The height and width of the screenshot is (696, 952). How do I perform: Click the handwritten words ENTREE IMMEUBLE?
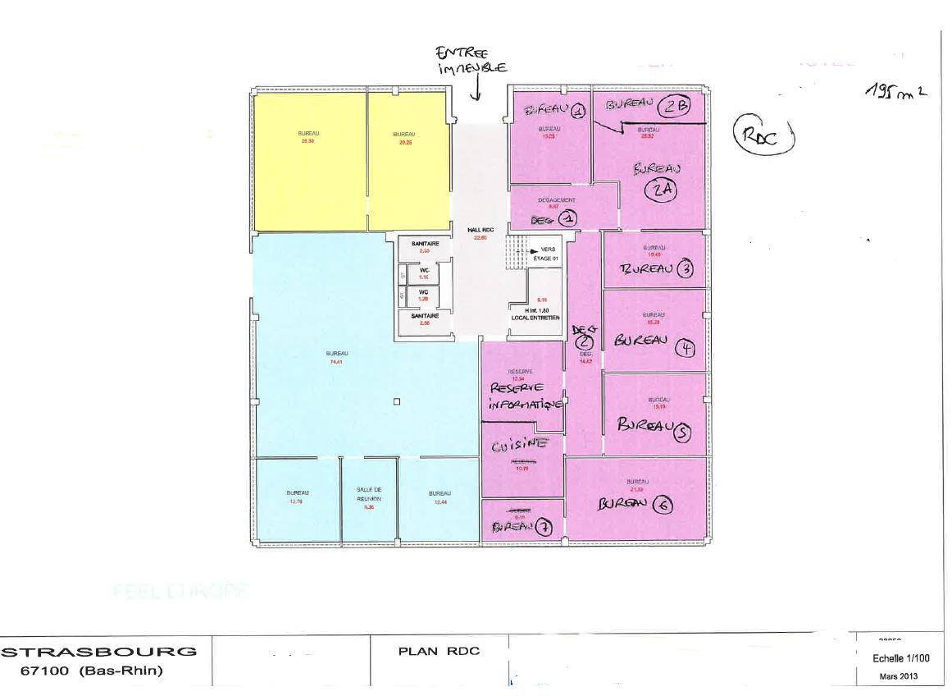(471, 60)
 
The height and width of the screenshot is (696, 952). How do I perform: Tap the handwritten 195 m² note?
(895, 91)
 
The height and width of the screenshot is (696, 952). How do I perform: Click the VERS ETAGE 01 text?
(545, 254)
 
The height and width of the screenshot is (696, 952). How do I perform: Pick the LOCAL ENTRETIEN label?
(535, 317)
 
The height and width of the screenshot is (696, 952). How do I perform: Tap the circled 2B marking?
(678, 105)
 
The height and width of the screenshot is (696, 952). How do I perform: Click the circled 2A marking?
(664, 190)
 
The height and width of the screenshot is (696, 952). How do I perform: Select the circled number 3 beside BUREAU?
(687, 268)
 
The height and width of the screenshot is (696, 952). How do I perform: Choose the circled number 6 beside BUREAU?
(661, 506)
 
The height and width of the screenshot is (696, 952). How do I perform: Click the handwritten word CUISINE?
(519, 446)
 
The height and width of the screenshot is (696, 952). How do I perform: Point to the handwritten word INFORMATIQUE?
(525, 404)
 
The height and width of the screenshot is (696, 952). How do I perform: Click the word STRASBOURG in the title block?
(101, 652)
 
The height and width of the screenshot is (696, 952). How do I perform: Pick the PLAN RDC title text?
(439, 652)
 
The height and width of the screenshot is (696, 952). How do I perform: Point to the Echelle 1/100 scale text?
(901, 658)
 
